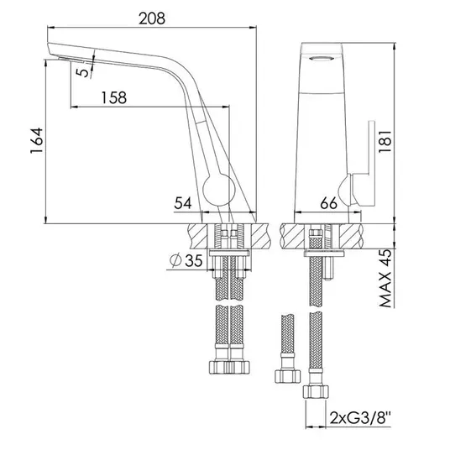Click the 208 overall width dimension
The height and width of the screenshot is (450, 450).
152,19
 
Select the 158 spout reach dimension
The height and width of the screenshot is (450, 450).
114,97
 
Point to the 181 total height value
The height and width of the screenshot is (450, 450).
385,141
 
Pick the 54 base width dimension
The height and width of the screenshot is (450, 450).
183,203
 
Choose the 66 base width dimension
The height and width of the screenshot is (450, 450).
329,203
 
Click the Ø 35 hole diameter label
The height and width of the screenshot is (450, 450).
186,260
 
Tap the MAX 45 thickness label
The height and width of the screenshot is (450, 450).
385,279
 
